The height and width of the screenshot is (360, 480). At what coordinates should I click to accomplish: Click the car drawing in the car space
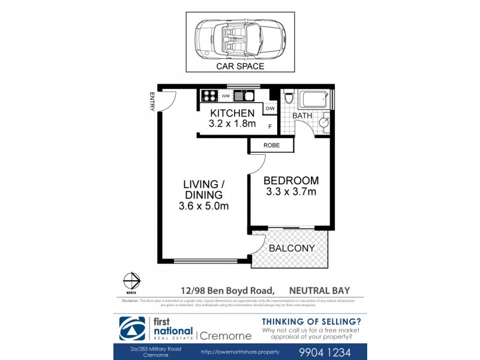[239, 38]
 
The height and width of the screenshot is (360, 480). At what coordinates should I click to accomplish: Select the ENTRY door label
[152, 101]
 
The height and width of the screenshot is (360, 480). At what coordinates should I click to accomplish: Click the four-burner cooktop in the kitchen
[209, 95]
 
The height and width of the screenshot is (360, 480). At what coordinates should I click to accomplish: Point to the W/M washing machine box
[226, 95]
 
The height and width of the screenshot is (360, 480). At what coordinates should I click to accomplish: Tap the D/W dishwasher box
[271, 109]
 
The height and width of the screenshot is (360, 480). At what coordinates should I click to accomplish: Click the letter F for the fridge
[270, 127]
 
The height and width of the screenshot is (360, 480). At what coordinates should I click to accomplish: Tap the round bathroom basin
[323, 122]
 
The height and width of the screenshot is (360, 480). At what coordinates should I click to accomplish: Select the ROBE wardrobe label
[271, 145]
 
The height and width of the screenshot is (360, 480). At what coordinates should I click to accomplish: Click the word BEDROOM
[291, 180]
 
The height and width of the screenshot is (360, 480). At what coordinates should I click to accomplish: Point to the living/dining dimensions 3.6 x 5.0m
[203, 206]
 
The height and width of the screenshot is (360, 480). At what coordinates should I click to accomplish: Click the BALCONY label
[290, 248]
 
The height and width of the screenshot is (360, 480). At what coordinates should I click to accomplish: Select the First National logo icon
[130, 328]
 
